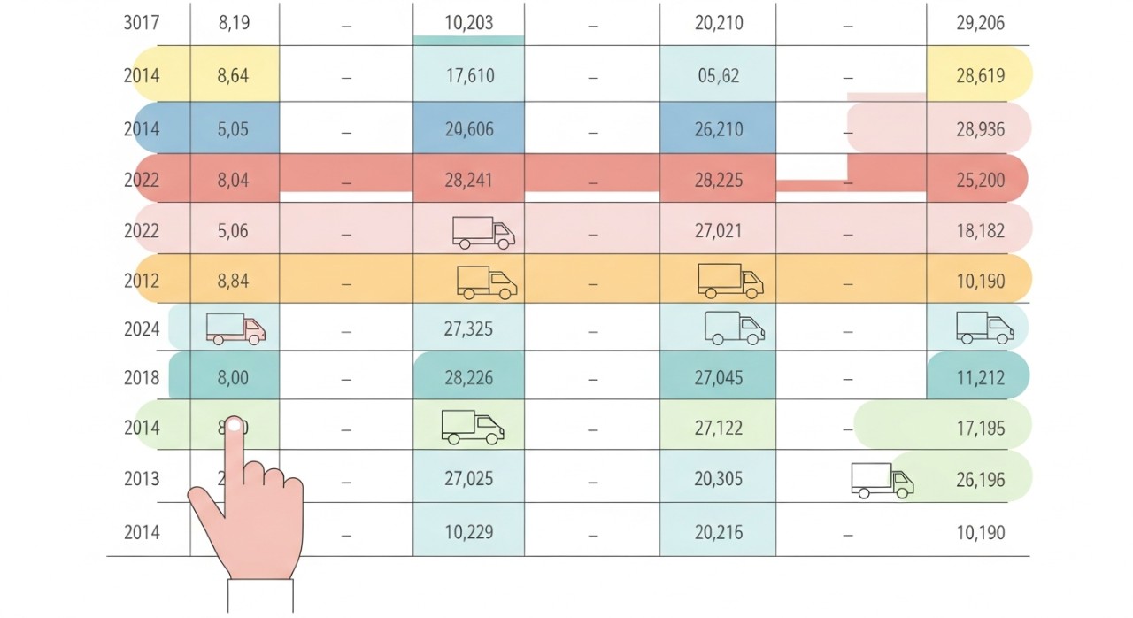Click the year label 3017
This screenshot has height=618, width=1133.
pyautogui.click(x=142, y=23)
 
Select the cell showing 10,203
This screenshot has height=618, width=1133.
pyautogui.click(x=468, y=23)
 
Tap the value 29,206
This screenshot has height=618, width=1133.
pyautogui.click(x=980, y=23)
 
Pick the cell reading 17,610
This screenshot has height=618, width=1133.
pyautogui.click(x=468, y=76)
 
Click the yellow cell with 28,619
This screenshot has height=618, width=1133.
pyautogui.click(x=980, y=76)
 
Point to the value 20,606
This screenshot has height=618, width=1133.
pyautogui.click(x=468, y=129)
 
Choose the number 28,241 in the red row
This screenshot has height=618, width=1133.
pyautogui.click(x=468, y=181)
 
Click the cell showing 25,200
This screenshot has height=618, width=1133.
pyautogui.click(x=980, y=181)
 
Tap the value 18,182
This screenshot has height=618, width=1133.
pyautogui.click(x=980, y=231)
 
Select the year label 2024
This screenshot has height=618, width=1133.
pyautogui.click(x=142, y=329)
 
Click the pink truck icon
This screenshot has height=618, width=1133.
pyautogui.click(x=235, y=328)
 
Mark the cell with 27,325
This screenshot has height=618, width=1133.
pyautogui.click(x=468, y=329)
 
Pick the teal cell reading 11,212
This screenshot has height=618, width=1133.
pyautogui.click(x=980, y=378)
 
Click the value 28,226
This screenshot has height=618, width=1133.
pyautogui.click(x=468, y=378)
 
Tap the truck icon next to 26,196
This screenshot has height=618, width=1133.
pyautogui.click(x=882, y=480)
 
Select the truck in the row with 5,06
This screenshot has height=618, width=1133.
pyautogui.click(x=483, y=233)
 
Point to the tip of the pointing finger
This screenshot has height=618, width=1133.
pyautogui.click(x=235, y=425)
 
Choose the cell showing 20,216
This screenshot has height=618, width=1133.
pyautogui.click(x=718, y=532)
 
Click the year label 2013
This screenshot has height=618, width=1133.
pyautogui.click(x=142, y=479)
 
